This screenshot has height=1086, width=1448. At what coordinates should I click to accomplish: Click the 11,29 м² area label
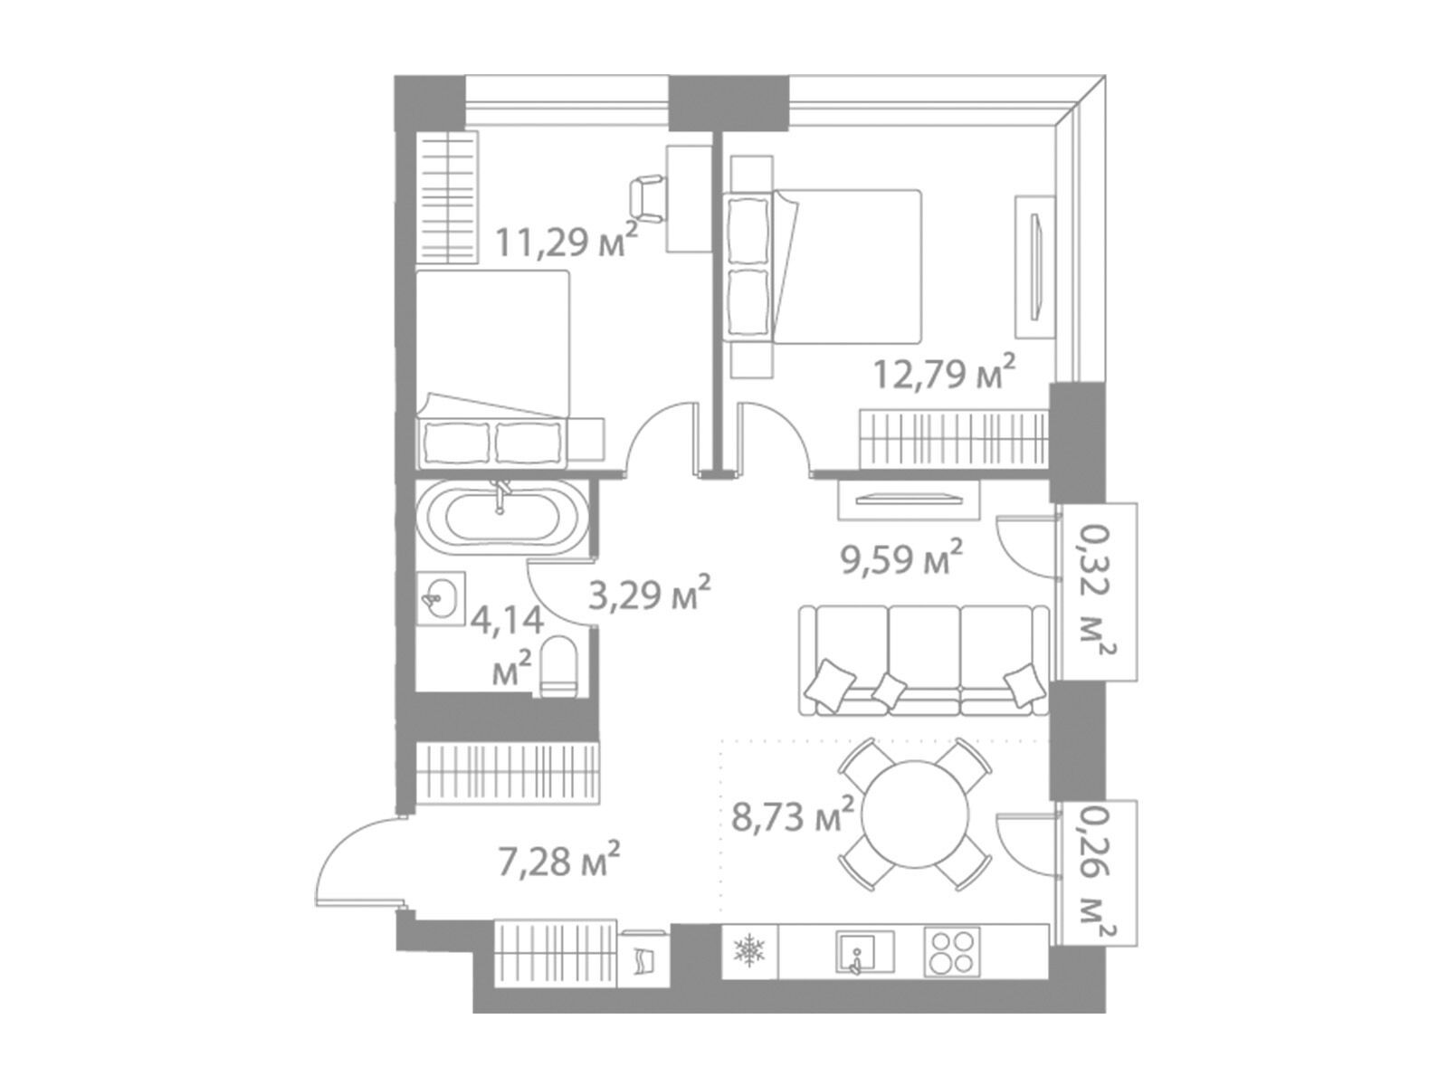tap(567, 242)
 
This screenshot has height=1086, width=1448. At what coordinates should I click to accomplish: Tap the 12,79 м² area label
tap(943, 373)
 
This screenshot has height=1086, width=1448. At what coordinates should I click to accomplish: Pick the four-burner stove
tap(952, 952)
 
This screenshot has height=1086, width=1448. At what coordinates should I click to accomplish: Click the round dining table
tap(914, 815)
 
